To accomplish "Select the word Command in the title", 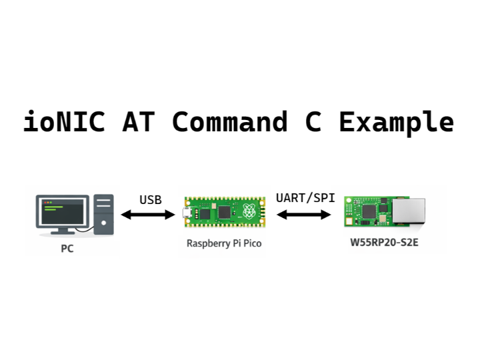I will point(230,123).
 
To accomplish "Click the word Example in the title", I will point(397,123).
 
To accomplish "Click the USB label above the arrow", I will point(150,199).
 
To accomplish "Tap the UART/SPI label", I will point(305,198).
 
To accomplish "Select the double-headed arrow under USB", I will point(147,215).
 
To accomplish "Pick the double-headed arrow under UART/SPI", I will point(305,215).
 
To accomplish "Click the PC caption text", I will point(67,249).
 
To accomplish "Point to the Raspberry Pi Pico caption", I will point(224,243).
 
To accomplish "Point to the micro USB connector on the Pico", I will point(186,214).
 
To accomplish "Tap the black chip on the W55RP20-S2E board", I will point(368,211).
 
